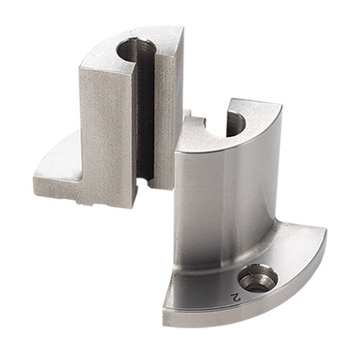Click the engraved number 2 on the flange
pos(235,297)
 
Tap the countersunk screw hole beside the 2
pos(258,278)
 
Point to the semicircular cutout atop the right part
pos(236,125)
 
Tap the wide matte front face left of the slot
pos(107,137)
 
